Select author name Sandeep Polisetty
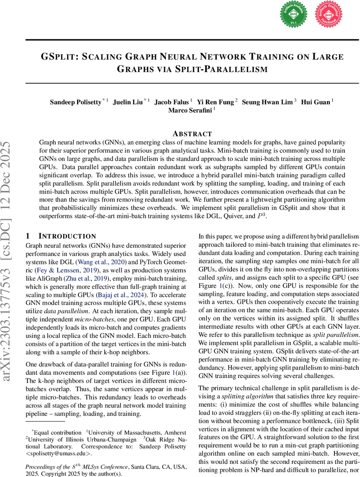point(75,102)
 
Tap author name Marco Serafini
point(190,110)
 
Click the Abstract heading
point(192,134)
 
